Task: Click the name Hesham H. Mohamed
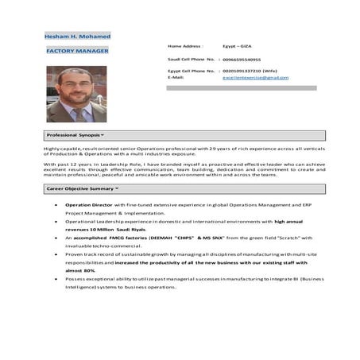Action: [77, 37]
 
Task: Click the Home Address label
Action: [185, 46]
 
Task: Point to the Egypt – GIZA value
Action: [236, 46]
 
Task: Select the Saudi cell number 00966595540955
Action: [241, 59]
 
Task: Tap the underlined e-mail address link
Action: [255, 77]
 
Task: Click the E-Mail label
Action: [176, 77]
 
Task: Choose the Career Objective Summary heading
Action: [83, 188]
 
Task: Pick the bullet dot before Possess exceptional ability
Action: [55, 279]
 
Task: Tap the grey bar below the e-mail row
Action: [240, 87]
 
